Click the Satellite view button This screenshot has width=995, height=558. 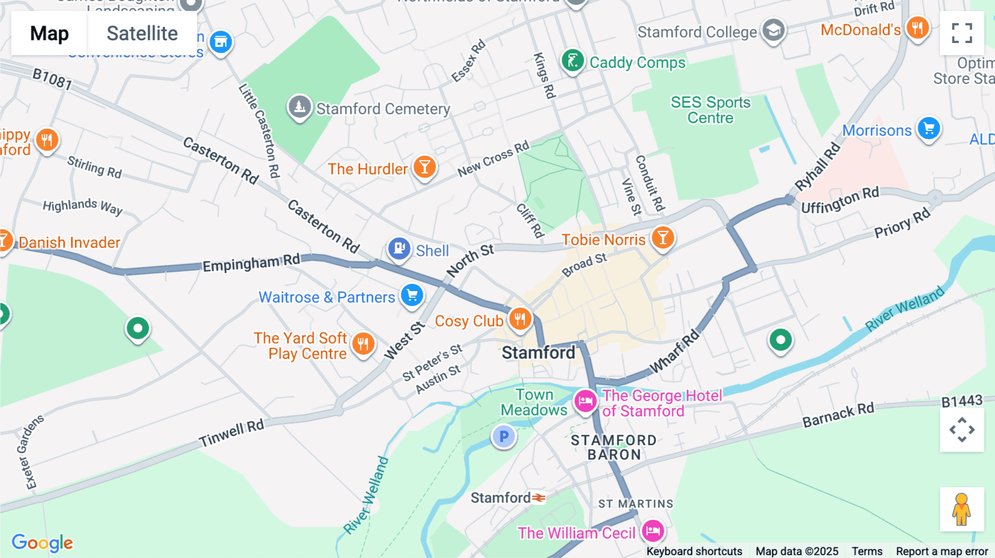click(142, 33)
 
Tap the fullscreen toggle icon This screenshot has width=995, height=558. click(962, 33)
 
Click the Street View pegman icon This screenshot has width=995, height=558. click(962, 509)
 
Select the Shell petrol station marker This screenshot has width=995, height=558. click(399, 249)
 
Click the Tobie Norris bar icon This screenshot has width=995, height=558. click(662, 238)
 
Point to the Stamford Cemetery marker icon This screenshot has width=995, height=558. click(300, 106)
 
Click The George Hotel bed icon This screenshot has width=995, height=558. click(585, 401)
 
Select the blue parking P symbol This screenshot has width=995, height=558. click(504, 436)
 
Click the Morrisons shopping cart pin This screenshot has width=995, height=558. click(929, 128)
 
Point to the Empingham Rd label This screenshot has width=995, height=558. click(251, 263)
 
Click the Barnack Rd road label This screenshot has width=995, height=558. click(838, 414)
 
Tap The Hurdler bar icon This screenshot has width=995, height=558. click(425, 166)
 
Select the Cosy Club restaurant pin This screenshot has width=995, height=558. click(520, 319)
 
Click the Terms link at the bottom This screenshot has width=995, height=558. click(867, 551)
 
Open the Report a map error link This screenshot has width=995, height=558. click(942, 551)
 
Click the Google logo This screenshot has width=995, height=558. click(42, 543)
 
